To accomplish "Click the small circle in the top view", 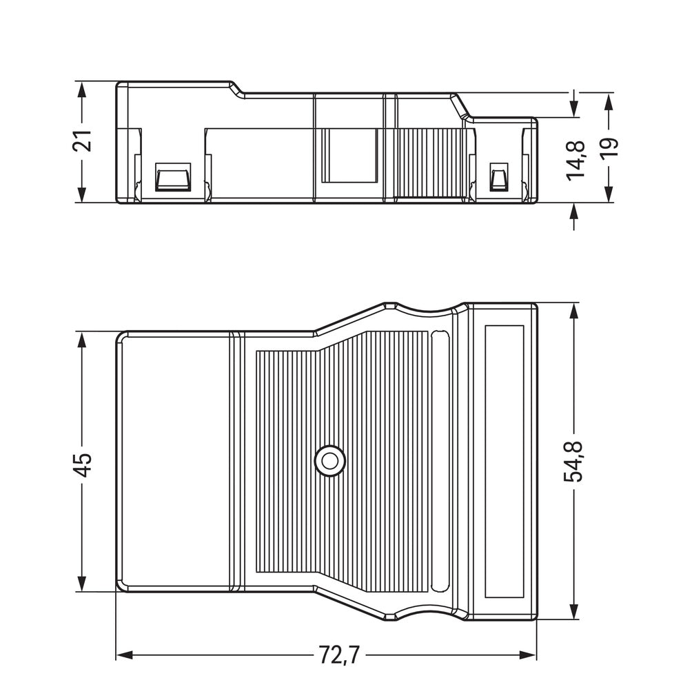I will click(329, 460).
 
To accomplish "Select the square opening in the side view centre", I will click(349, 156).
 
